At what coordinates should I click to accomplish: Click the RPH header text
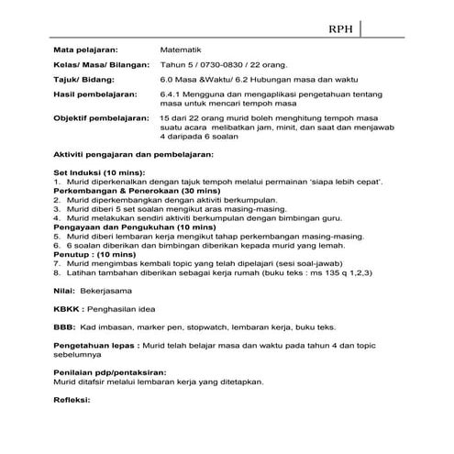(341, 28)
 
